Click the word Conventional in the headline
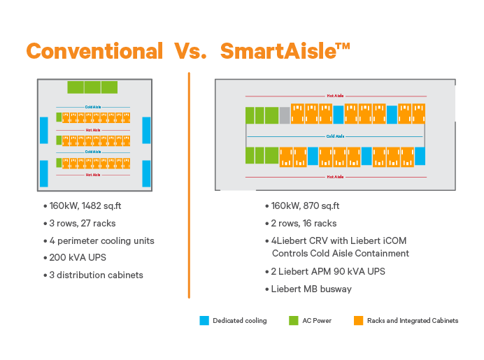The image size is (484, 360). click(94, 51)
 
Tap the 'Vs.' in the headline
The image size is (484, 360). click(191, 51)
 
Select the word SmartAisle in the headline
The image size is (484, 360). click(277, 51)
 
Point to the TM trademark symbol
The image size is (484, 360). click(342, 46)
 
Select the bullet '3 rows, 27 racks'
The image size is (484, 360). click(83, 223)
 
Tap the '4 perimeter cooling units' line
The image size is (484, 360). click(101, 240)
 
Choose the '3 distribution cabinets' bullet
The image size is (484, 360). click(96, 275)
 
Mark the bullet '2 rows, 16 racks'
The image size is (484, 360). click(304, 223)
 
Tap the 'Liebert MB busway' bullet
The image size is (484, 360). click(308, 289)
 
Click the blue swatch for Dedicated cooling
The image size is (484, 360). click(204, 321)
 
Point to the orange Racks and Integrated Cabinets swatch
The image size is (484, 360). click(357, 321)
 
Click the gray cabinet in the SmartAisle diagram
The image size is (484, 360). click(285, 115)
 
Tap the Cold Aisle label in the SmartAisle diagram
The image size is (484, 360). click(336, 136)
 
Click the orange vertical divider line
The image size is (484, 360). click(190, 182)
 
